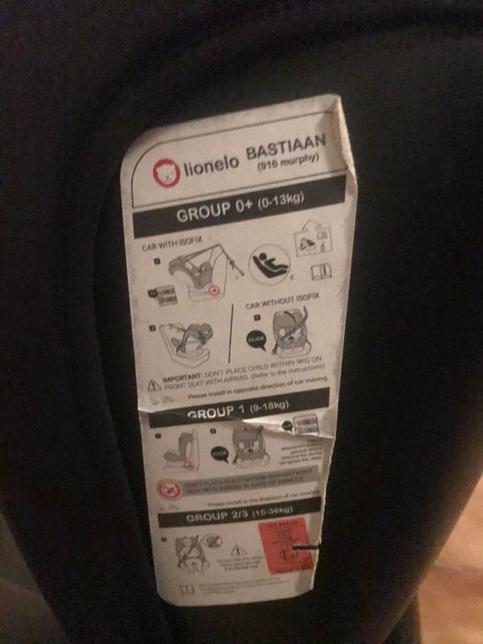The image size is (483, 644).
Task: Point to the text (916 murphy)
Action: coord(287,167)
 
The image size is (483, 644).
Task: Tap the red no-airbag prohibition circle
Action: coord(167,489)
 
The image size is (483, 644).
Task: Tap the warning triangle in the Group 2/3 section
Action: coord(234,550)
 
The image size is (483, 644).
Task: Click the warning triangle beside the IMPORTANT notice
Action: coord(154,381)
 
